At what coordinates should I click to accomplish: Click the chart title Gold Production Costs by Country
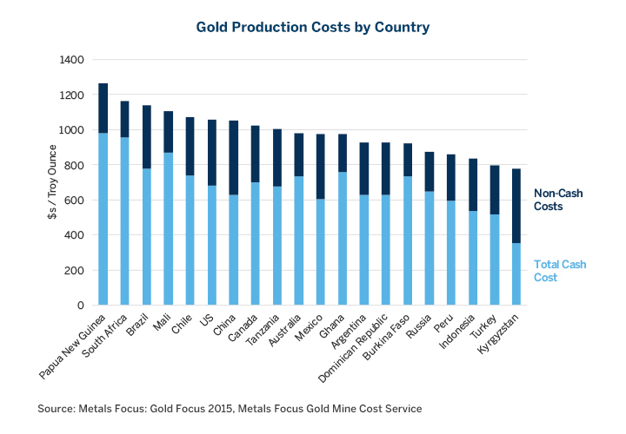(x=313, y=28)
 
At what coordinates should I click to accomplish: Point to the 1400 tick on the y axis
(x=72, y=60)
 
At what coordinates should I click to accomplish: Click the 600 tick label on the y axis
(x=76, y=200)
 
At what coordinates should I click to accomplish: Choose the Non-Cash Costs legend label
(x=556, y=201)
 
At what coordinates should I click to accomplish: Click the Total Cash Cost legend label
(x=556, y=271)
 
